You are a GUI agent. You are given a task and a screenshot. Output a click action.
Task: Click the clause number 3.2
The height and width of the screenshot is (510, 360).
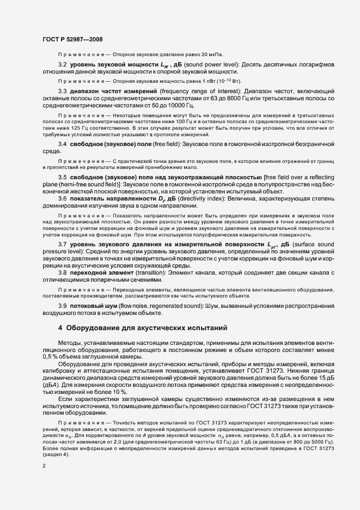[x=63, y=64]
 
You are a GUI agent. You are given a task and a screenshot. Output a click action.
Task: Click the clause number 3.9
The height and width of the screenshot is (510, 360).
[x=63, y=305]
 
